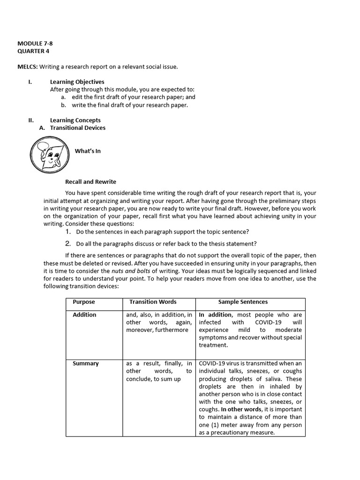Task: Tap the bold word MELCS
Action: tap(27, 67)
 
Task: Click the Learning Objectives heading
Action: tap(77, 82)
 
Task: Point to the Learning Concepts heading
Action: tap(75, 120)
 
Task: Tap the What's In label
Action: tap(88, 151)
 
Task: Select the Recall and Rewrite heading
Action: tap(90, 181)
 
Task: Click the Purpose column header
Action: tap(83, 302)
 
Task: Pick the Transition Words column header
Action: tap(153, 302)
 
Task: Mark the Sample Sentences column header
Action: tap(243, 302)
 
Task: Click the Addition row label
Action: tap(84, 315)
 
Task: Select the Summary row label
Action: tap(85, 363)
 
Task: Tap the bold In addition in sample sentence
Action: tap(216, 315)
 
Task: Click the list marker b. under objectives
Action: tap(63, 105)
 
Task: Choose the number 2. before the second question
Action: tap(68, 243)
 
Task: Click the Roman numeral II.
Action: tap(30, 120)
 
